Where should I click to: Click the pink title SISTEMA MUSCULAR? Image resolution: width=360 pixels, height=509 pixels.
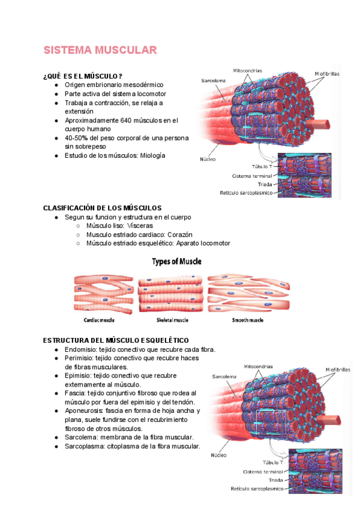click(100, 50)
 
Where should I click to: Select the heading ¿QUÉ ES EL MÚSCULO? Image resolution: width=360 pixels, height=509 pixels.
click(83, 76)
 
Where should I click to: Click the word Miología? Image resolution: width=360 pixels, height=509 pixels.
click(152, 155)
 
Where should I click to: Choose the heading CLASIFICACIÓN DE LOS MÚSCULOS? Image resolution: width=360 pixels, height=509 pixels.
click(103, 208)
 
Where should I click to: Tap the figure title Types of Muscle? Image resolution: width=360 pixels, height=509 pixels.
click(176, 262)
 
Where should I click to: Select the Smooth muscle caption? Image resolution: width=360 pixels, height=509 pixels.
click(247, 320)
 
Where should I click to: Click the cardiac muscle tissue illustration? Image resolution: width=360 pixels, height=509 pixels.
click(103, 292)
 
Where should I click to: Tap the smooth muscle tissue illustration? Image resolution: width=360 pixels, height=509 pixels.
click(248, 292)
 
